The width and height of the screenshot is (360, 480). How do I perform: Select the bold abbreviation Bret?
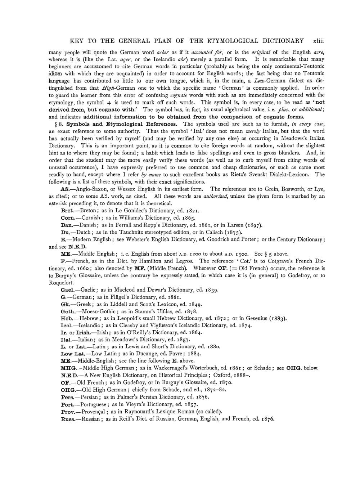pos(67,211)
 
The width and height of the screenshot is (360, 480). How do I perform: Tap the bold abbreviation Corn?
pos(68,218)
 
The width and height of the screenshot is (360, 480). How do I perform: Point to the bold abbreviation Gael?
pos(68,290)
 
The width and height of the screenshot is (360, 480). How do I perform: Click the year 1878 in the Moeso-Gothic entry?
pos(190,311)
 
